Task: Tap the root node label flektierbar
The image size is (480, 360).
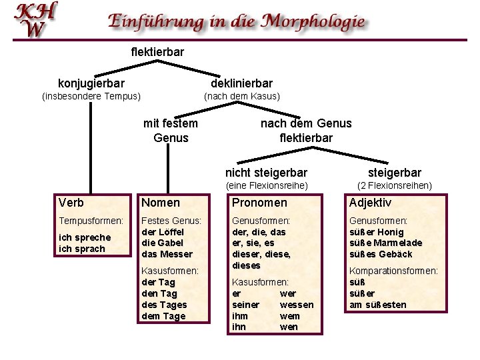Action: pos(157,51)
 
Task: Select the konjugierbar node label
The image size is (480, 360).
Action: pos(91,83)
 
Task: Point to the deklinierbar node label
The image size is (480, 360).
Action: pos(241,83)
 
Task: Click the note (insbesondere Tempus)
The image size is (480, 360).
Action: pos(91,96)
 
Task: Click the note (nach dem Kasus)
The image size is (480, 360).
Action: pos(241,96)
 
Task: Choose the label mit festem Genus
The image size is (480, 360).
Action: pos(171,131)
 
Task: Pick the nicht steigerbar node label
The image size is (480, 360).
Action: pos(267,173)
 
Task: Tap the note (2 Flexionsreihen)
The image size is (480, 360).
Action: pos(395,185)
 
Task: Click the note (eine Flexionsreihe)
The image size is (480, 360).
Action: pos(267,185)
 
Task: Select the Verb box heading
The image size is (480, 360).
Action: pos(71,203)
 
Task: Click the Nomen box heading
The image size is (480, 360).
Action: pos(161,203)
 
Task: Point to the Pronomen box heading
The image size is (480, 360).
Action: pos(259,203)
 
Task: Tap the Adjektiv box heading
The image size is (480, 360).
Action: pos(371,203)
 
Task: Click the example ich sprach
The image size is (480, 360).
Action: pos(82,249)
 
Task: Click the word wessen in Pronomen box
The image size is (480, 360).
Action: pos(297,305)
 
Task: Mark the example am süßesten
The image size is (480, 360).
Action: pos(377,305)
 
